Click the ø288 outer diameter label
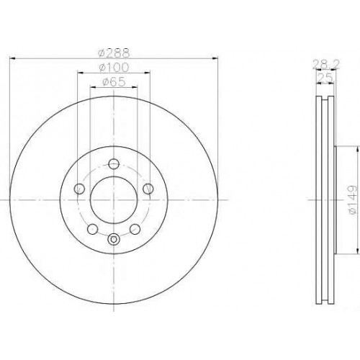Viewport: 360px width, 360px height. tap(114, 53)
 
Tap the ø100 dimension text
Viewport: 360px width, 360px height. tap(114, 68)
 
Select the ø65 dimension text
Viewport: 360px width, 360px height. tap(114, 82)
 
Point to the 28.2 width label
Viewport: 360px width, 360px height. tap(326, 64)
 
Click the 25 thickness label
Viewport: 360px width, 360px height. tap(325, 78)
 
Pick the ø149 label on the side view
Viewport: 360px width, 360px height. tap(352, 199)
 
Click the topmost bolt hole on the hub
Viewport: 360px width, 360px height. tap(114, 164)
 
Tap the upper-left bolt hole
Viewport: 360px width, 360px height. tap(79, 189)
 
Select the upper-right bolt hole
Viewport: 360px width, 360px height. tap(148, 189)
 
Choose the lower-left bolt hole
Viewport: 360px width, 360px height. tap(93, 229)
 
